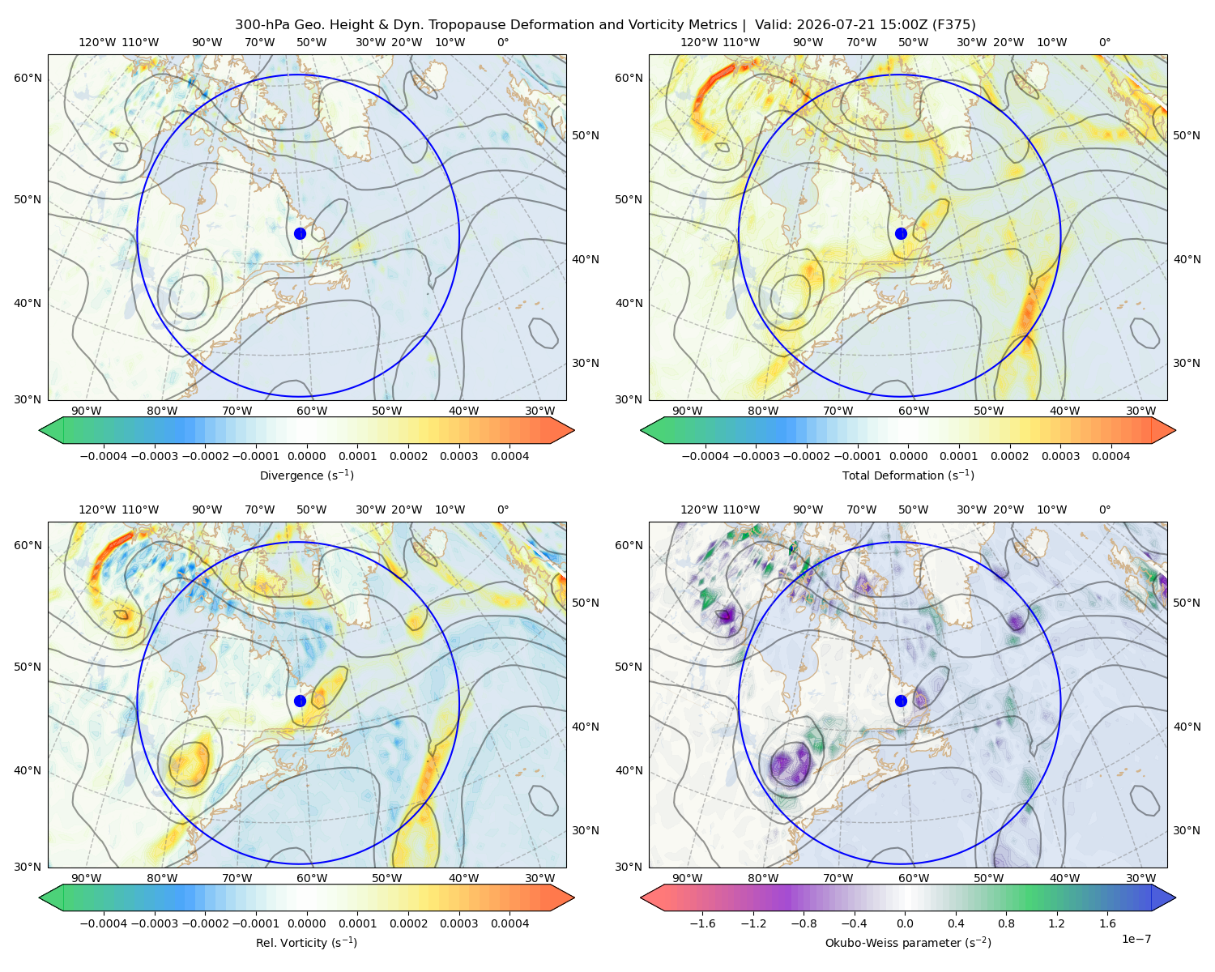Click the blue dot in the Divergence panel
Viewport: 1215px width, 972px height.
[300, 233]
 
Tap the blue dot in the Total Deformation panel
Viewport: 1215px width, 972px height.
[901, 233]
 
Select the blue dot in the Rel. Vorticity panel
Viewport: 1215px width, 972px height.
[300, 701]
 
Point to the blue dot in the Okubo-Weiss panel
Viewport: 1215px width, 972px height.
[901, 701]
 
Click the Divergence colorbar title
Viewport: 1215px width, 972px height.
[306, 475]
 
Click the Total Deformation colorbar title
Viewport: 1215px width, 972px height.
[908, 475]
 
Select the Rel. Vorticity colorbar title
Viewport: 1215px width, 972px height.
[306, 943]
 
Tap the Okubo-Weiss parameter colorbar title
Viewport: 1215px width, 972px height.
[908, 943]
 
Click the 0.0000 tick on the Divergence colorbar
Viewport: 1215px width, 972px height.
[306, 456]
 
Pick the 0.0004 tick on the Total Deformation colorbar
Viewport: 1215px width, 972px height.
[1111, 456]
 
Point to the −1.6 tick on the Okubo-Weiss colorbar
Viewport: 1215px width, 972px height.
[703, 923]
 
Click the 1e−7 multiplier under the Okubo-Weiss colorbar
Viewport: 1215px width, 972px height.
[1136, 939]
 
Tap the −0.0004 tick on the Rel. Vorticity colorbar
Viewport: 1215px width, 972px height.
[104, 923]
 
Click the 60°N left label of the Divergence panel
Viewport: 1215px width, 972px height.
[28, 78]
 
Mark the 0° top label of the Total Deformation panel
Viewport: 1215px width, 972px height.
[1104, 42]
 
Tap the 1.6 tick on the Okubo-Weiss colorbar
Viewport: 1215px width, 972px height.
[1107, 923]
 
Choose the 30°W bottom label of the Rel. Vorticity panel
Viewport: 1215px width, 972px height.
[539, 878]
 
